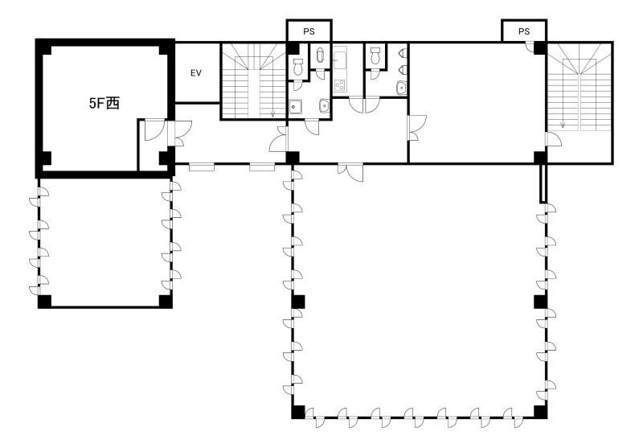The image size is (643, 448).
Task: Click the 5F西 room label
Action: (x=104, y=103)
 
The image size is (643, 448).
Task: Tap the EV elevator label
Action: (x=196, y=73)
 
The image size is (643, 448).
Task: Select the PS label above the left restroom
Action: (x=309, y=31)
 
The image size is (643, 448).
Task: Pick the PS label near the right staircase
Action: (x=524, y=31)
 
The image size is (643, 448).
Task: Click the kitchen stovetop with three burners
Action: (x=340, y=85)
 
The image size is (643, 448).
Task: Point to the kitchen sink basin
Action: (x=340, y=60)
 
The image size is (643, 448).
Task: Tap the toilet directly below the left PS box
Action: (x=298, y=67)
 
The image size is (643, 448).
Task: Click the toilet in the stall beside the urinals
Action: (x=375, y=56)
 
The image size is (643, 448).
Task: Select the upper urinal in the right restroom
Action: (x=403, y=53)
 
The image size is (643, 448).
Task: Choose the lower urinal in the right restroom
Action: (x=403, y=70)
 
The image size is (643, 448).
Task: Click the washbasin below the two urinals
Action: (x=401, y=88)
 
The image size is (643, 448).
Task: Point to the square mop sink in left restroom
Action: (x=295, y=106)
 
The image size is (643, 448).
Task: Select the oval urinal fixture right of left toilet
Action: (x=320, y=55)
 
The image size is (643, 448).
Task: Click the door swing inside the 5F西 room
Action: (x=154, y=129)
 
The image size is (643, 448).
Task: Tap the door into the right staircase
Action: (x=554, y=139)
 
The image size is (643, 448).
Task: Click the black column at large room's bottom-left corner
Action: (x=298, y=412)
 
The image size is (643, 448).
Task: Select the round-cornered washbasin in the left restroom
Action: (x=325, y=106)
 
